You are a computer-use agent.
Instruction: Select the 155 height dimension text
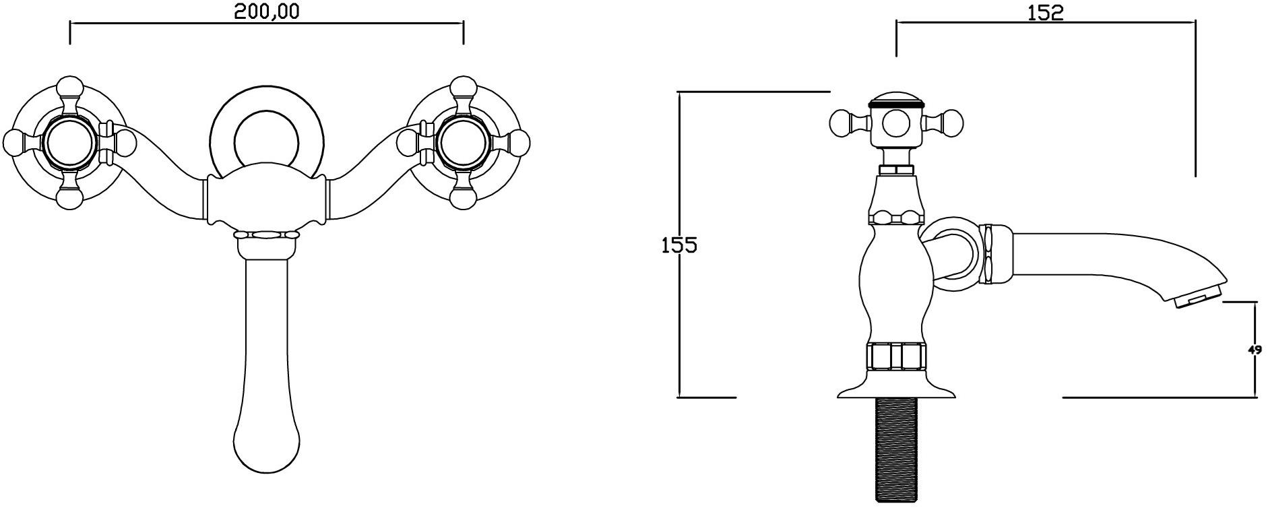tap(678, 245)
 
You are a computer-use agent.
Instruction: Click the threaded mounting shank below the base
tap(896, 450)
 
